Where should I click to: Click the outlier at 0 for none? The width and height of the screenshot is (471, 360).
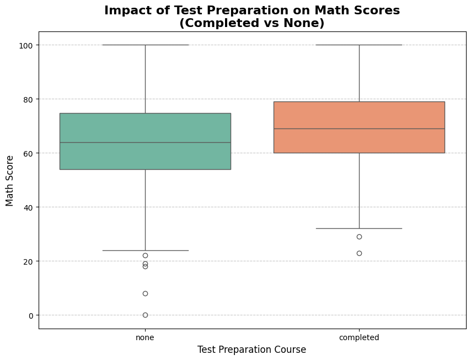coord(145,315)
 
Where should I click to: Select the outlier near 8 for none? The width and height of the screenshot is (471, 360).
coord(145,293)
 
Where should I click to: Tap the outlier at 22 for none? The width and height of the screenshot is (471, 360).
coord(145,255)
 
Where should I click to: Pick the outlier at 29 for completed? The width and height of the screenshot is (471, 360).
coord(359,237)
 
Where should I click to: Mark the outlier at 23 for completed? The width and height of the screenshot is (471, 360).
coord(359,253)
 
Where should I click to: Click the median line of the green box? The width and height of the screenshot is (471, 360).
coord(145,142)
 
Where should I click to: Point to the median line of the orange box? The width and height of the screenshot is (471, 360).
coord(359,128)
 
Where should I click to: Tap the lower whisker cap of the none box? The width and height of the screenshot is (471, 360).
coord(145,250)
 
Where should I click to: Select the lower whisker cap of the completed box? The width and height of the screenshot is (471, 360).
coord(359,228)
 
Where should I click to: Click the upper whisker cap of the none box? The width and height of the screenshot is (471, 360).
coord(145,45)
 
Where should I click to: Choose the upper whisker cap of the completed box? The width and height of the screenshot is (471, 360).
coord(359,45)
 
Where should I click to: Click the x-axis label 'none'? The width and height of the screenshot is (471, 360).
coord(145,337)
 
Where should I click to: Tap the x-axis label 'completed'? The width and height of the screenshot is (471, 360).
coord(359,337)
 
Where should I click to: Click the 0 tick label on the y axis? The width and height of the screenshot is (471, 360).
coord(31,315)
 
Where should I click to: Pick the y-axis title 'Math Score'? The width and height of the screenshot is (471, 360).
coord(10,180)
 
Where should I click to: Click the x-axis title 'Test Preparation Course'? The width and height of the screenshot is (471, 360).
coord(251,350)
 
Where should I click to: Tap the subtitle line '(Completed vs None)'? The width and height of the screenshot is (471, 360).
coord(251,23)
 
